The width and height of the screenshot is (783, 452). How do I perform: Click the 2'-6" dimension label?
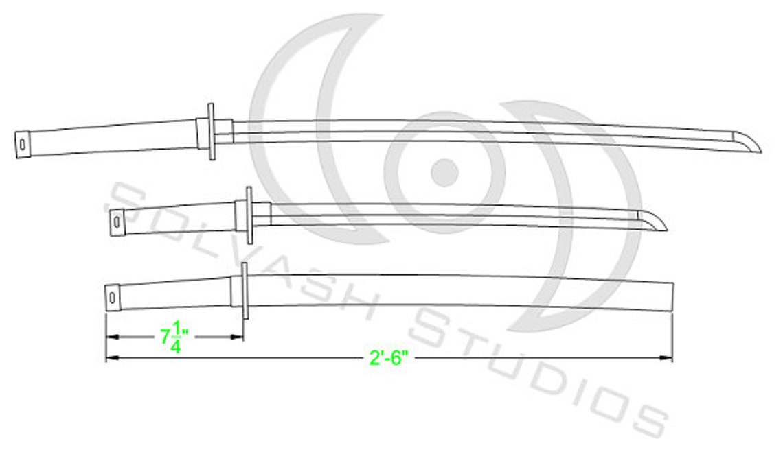pyautogui.click(x=389, y=358)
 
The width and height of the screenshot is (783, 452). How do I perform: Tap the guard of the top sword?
pyautogui.click(x=211, y=131)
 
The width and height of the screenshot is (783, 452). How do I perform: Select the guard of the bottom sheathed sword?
pyautogui.click(x=244, y=291)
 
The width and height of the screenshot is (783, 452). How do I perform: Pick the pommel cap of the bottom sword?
pyautogui.click(x=113, y=296)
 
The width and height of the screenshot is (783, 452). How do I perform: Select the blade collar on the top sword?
pyautogui.click(x=225, y=131)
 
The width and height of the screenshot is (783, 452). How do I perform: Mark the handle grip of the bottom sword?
pyautogui.click(x=175, y=294)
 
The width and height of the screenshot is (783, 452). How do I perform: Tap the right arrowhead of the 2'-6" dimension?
pyautogui.click(x=667, y=358)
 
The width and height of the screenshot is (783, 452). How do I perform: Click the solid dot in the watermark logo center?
pyautogui.click(x=444, y=172)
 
